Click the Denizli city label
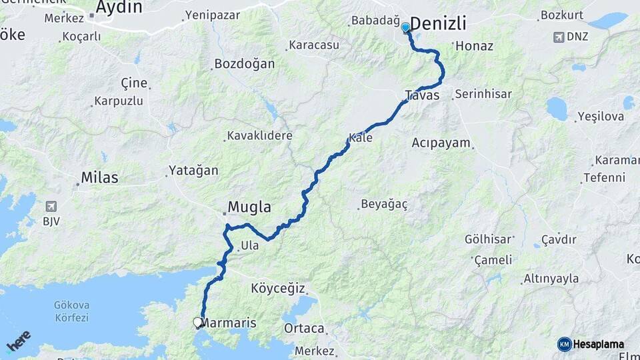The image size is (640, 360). coord(438,25)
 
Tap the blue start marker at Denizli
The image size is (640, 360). coord(405,27)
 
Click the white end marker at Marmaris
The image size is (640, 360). coord(198,323)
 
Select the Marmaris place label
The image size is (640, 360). coord(229,323)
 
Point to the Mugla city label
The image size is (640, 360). coord(249,207)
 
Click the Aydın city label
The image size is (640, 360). coord(119,7)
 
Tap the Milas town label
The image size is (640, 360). coord(99,177)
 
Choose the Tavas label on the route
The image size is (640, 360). coord(422,95)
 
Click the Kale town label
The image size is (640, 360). coord(360,138)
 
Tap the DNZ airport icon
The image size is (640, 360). coord(559,37)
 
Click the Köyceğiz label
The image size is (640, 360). coord(278,289)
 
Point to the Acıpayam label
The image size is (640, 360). coord(441,143)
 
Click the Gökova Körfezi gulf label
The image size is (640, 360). coord(71,311)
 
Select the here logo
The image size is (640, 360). coord(19,340)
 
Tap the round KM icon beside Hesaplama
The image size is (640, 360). coord(565,344)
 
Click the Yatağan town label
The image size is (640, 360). coord(193,171)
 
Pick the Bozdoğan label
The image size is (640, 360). coord(244,65)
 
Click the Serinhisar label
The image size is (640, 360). coord(483,94)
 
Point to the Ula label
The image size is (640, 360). coord(249,245)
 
